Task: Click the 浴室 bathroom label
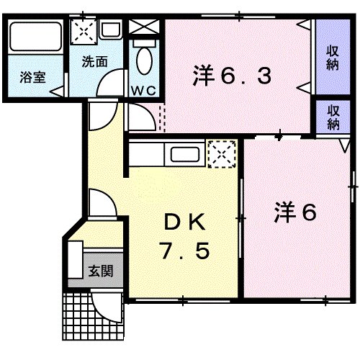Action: [x=32, y=77]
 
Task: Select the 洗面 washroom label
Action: [x=95, y=62]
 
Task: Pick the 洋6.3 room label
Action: [x=232, y=74]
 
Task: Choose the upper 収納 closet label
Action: [x=333, y=57]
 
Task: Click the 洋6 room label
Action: [x=295, y=212]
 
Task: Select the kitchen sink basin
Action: [x=185, y=153]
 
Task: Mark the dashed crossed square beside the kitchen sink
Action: [x=220, y=153]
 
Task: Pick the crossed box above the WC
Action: [x=145, y=27]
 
